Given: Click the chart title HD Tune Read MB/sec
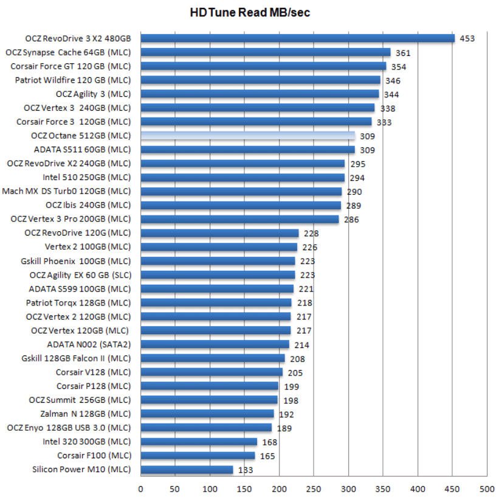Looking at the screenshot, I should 250,13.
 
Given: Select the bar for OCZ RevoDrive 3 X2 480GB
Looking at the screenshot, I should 297,38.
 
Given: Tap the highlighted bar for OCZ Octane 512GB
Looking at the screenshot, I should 247,136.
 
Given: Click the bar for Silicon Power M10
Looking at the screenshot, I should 187,470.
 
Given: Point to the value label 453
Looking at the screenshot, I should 467,39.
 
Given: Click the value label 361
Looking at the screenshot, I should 403,53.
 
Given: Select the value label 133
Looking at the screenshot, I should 246,470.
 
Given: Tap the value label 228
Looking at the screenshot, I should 311,234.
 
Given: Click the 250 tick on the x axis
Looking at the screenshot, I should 314,489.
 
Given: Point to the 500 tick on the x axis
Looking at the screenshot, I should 486,489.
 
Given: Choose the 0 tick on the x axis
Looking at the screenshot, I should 140,489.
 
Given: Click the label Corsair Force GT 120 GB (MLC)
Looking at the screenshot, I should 71,66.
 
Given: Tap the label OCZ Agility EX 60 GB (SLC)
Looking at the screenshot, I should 80,275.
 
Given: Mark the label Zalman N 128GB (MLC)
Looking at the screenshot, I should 89,414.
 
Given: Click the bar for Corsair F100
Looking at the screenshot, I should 198,456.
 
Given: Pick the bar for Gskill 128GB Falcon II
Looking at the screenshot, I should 212,358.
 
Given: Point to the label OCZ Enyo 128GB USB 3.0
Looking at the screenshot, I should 69,428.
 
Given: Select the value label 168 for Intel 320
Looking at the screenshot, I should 269,442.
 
